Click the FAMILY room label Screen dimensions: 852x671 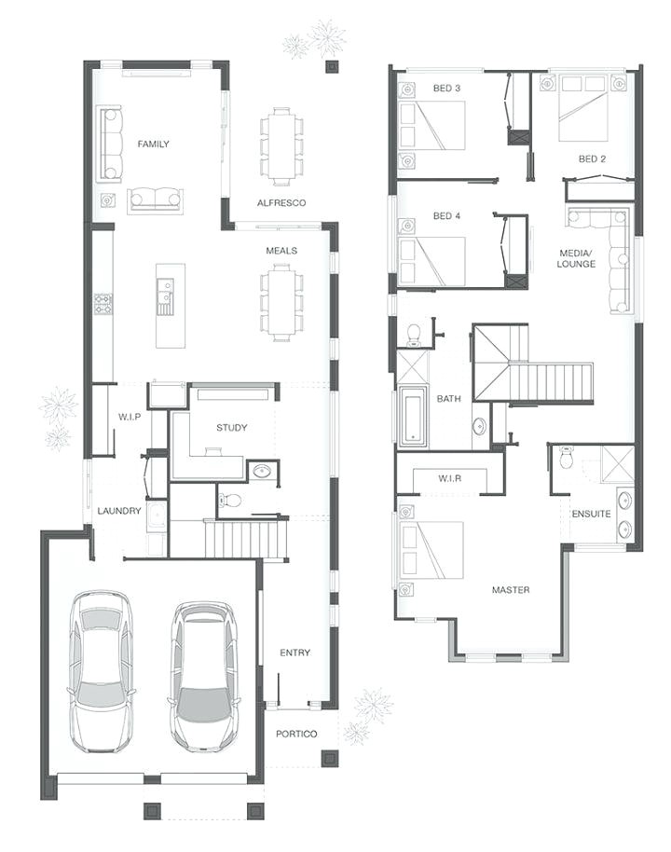tap(153, 144)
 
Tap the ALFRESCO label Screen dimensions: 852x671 tap(281, 203)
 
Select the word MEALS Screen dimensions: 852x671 tap(281, 251)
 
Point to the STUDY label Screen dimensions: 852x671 tap(232, 428)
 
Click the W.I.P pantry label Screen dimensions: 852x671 tap(130, 417)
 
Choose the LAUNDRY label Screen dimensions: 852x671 tap(119, 511)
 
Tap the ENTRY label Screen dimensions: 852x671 tap(295, 653)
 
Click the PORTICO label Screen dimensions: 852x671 tap(296, 734)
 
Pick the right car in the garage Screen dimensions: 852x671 tap(203, 675)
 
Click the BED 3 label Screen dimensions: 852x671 tap(447, 89)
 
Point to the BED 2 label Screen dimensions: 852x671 tap(593, 159)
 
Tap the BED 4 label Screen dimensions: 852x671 tap(447, 216)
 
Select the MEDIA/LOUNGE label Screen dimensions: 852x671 tap(576, 258)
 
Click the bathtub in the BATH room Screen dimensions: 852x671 tap(414, 417)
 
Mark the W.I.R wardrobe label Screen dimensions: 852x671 tap(451, 479)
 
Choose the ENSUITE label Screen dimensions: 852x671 tap(591, 514)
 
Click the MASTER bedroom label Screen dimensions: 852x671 tap(511, 590)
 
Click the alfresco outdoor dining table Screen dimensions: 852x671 tap(281, 144)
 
